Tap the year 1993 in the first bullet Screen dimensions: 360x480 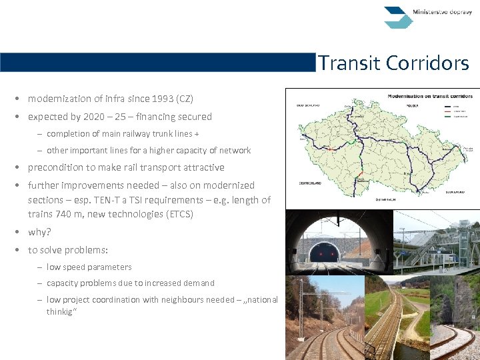(163, 99)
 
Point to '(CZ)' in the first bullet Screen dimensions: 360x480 (185, 99)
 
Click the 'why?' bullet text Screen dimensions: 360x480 (40, 232)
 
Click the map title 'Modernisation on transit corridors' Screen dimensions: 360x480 (430, 96)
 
